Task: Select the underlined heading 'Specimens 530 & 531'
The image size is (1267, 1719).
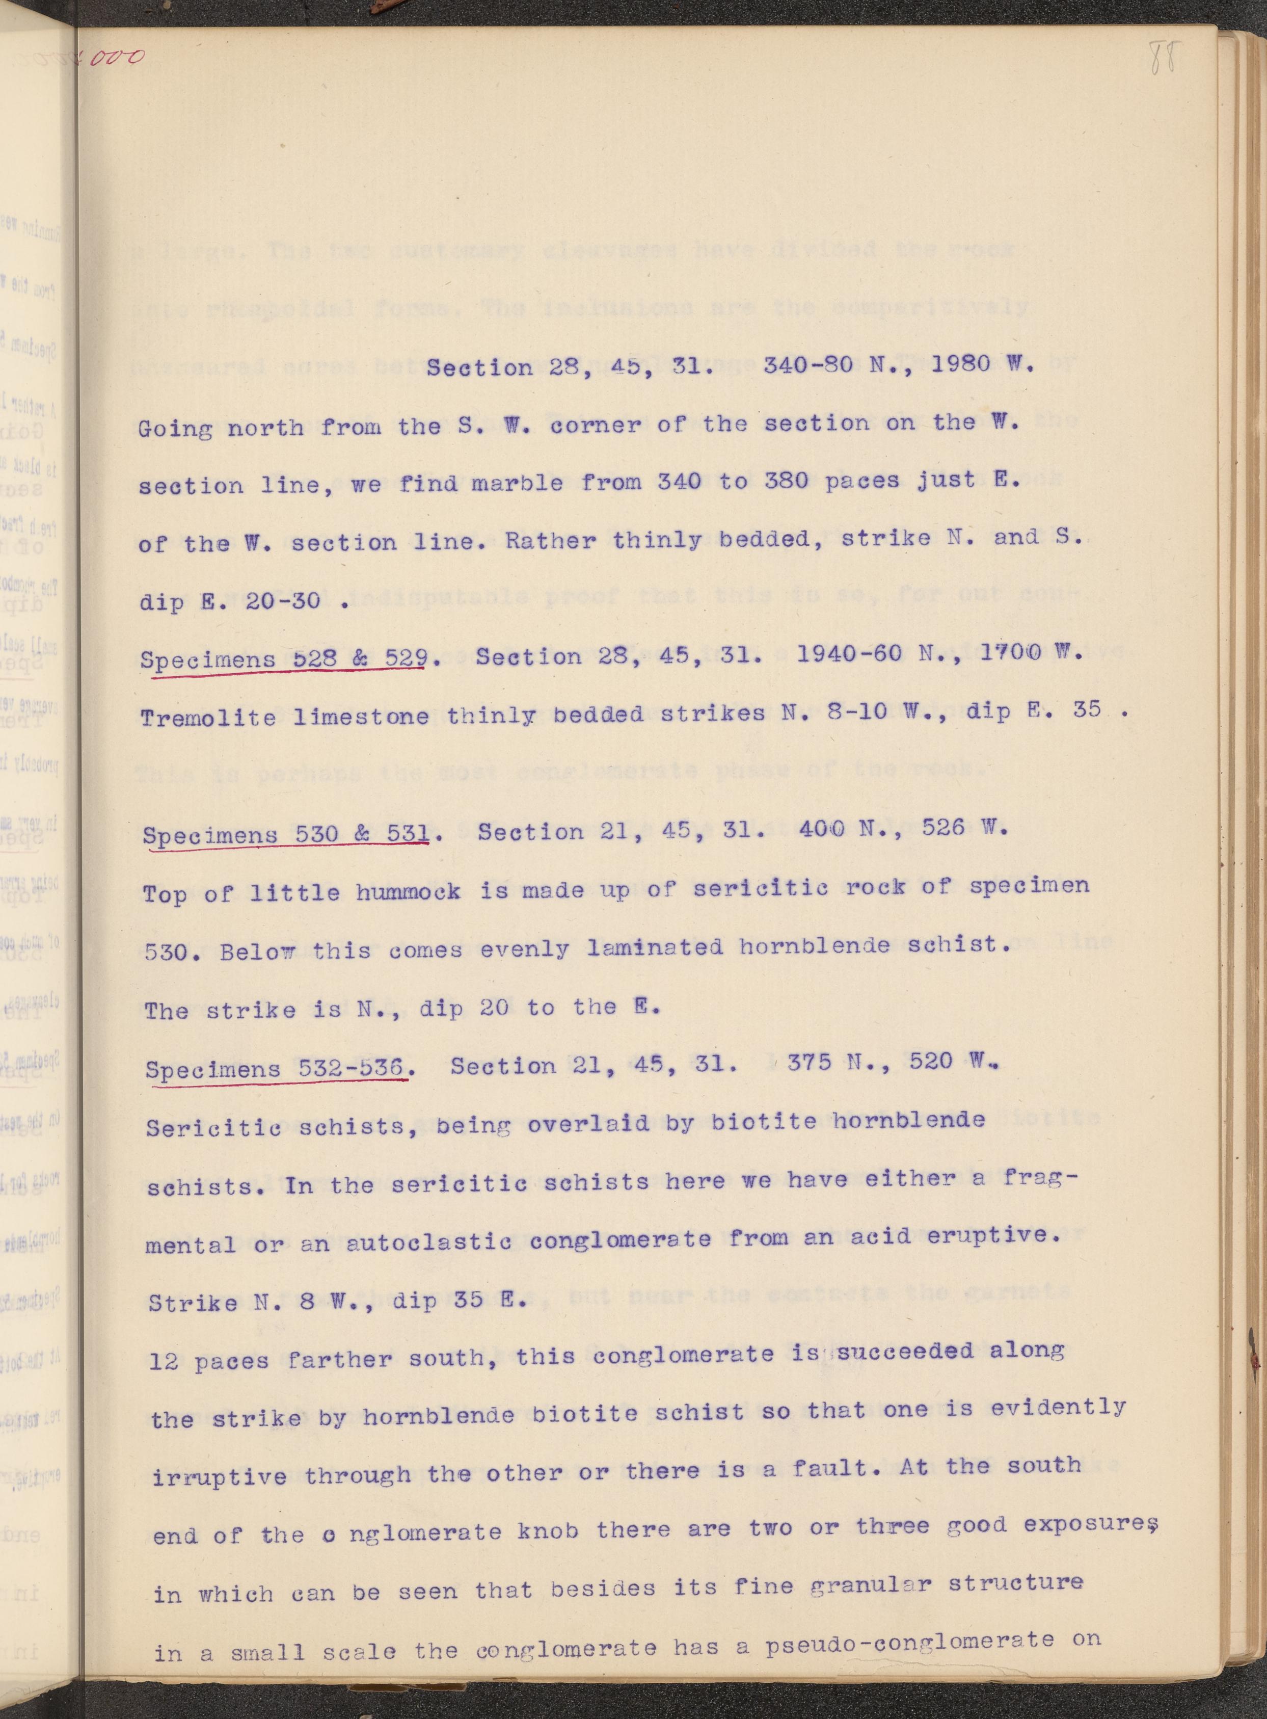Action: point(285,834)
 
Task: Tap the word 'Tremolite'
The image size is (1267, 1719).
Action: point(209,717)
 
